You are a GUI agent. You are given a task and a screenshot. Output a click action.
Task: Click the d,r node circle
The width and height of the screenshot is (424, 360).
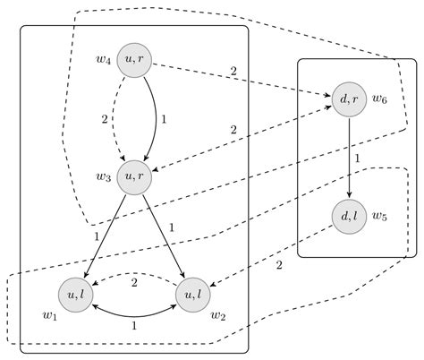[x=349, y=99]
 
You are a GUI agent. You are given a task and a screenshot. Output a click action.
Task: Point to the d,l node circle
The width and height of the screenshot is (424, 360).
[x=349, y=216]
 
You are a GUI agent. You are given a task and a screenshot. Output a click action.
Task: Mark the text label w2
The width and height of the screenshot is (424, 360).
[x=217, y=314]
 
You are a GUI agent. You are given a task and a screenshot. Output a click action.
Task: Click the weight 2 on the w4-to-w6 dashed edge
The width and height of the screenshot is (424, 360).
[x=233, y=71]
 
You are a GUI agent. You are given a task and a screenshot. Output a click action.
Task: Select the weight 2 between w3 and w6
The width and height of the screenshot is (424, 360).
[x=233, y=130]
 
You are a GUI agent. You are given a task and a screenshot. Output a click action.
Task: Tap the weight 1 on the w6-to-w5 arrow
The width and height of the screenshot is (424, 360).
[x=358, y=159]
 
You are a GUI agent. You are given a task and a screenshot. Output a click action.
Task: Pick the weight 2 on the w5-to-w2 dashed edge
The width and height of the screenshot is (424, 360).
[x=279, y=266]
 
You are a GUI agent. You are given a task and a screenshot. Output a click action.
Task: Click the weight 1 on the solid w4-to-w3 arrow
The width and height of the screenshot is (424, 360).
[x=164, y=118]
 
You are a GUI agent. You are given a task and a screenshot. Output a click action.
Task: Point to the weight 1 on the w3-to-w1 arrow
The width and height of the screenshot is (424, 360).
[x=96, y=236]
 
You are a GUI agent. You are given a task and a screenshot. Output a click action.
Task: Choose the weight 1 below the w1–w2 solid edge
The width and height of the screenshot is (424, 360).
[x=134, y=327]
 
